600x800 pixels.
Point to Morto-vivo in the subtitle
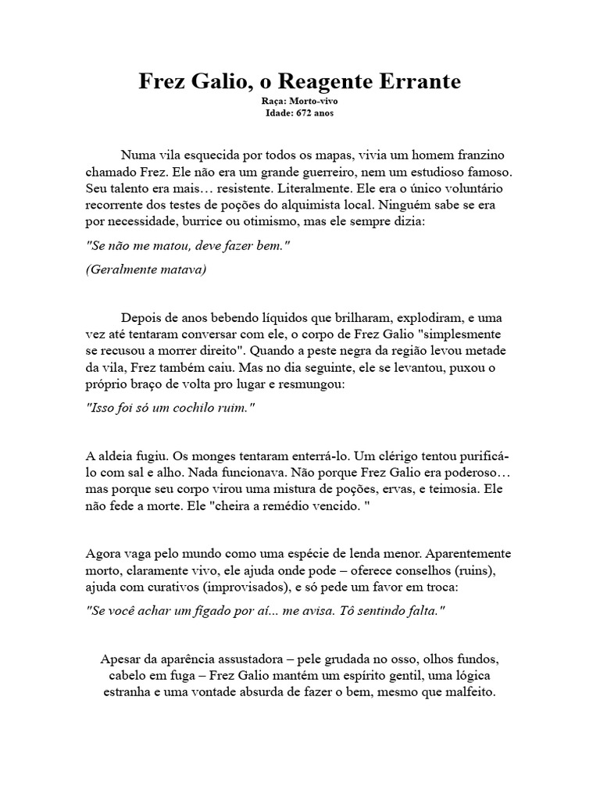point(312,102)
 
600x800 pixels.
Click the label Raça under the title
point(273,102)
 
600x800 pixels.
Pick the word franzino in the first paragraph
point(482,153)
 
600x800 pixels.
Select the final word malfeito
point(469,692)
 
